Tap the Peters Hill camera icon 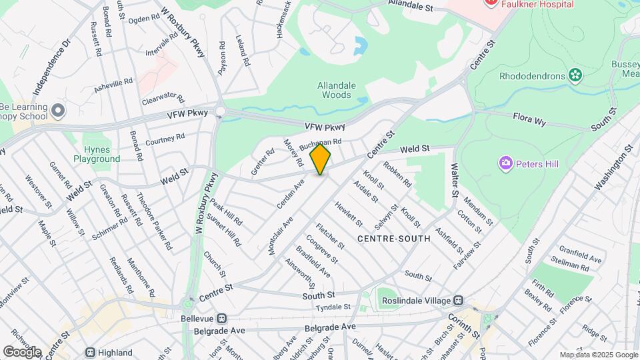point(505,163)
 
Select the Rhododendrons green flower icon point(573,75)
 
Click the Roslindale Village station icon point(458,301)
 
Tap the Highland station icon point(90,352)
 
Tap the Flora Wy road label point(529,119)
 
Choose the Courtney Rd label point(164,139)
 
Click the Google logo point(22,352)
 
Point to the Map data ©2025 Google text point(599,355)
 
